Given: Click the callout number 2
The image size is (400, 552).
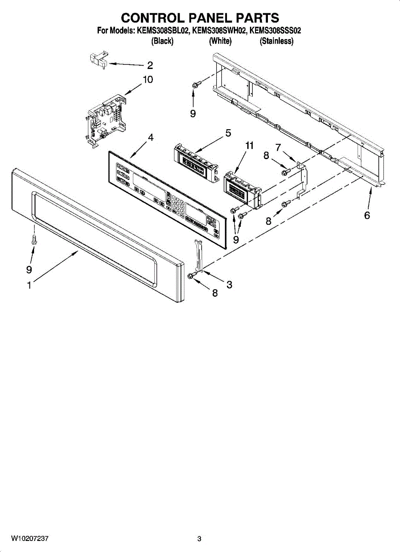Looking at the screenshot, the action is (x=150, y=65).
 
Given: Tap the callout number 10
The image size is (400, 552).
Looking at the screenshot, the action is (x=147, y=80).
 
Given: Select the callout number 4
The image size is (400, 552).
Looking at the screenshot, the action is (x=151, y=138).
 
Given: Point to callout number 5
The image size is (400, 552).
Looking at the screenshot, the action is (x=228, y=134).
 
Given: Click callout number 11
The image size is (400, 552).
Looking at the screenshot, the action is (x=249, y=145).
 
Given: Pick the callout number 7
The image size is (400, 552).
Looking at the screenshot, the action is (x=278, y=147).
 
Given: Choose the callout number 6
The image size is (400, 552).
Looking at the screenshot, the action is (x=367, y=215).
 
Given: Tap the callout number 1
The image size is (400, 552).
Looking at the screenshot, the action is (x=29, y=285).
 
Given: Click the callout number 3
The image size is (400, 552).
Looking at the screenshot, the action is (x=229, y=285).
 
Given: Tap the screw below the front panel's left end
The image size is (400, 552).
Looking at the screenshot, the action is (x=35, y=240).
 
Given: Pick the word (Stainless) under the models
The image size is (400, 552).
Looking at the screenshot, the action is (x=276, y=41).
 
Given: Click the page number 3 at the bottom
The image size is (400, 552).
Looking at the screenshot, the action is (x=199, y=539).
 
